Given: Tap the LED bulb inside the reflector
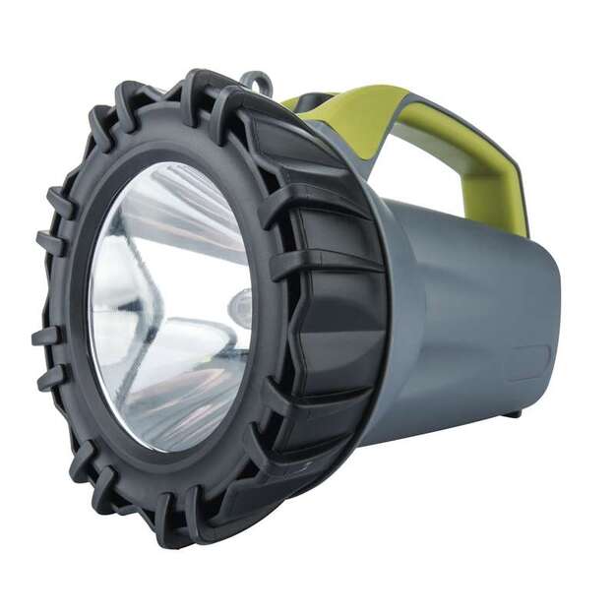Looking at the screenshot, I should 239,308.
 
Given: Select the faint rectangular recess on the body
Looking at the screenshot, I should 528,363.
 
